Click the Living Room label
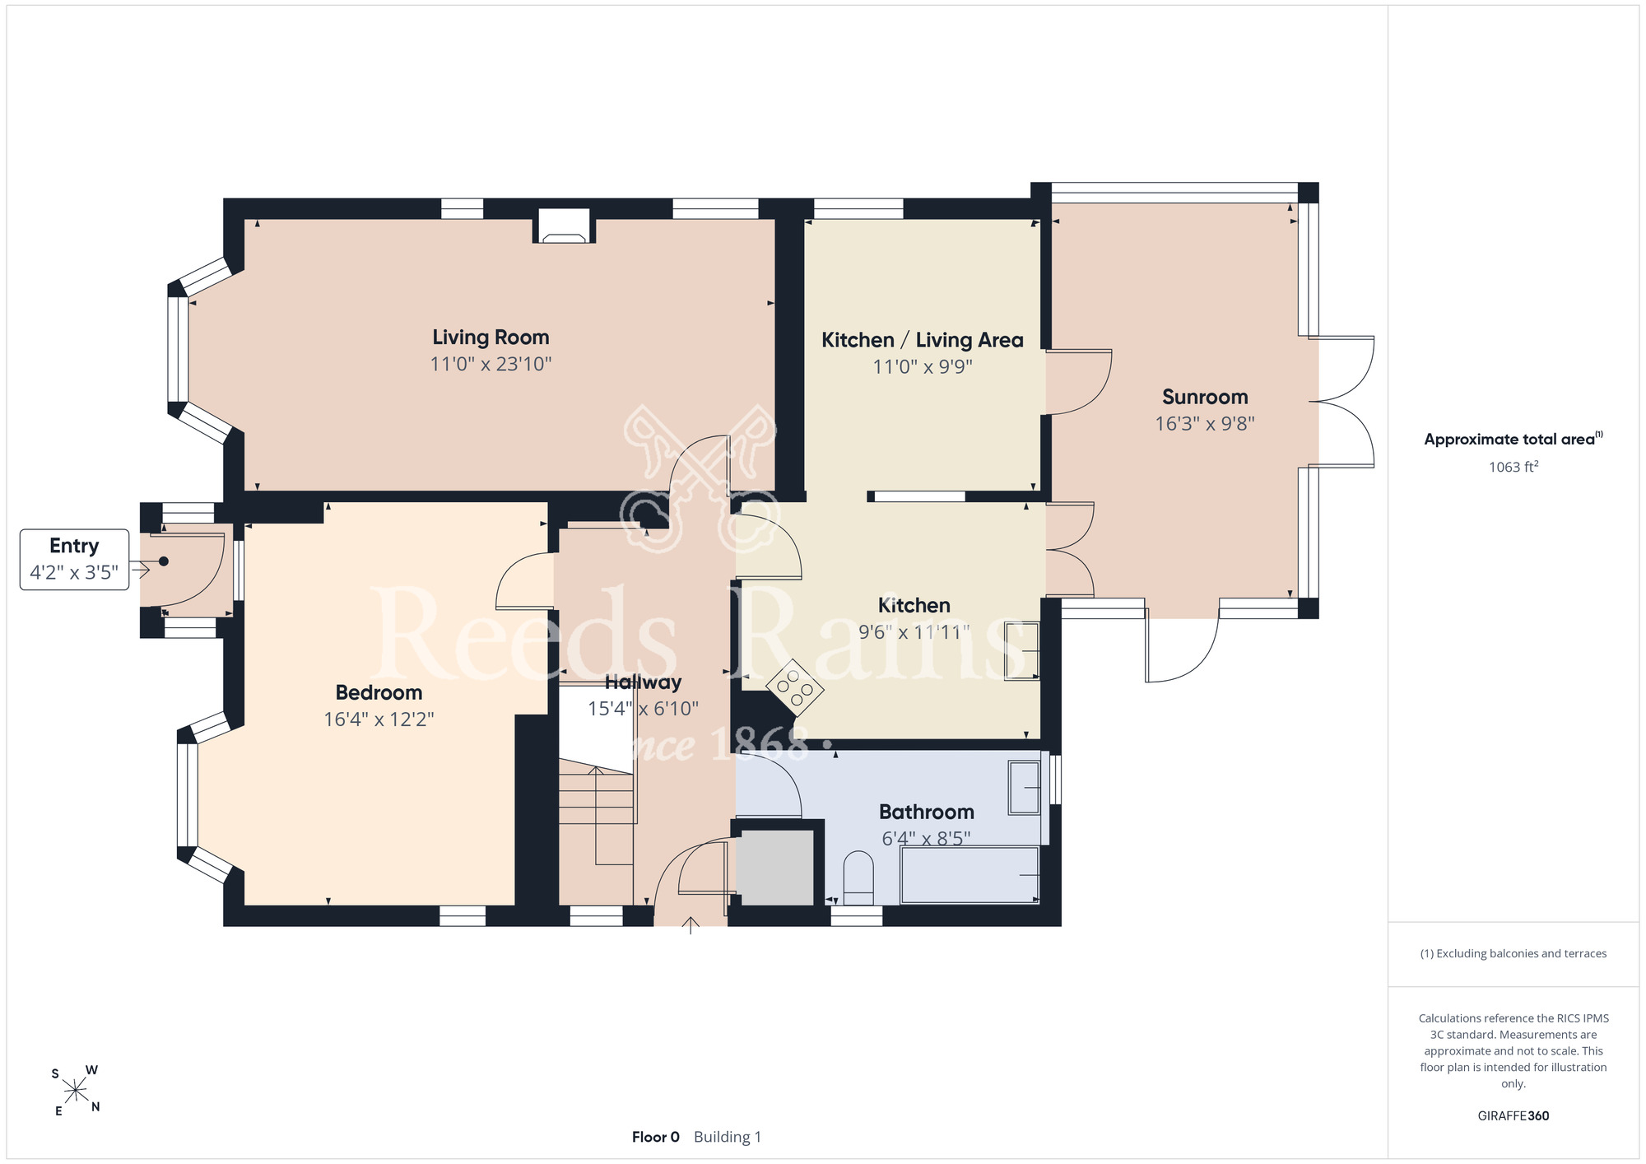[491, 338]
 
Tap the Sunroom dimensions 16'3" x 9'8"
[1205, 424]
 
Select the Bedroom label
[379, 693]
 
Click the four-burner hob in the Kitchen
[795, 687]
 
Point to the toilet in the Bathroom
[858, 878]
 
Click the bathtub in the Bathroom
[969, 874]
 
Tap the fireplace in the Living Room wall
[565, 226]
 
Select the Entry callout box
[74, 560]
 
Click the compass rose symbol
[76, 1091]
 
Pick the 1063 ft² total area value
[1513, 467]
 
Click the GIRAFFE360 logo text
[1513, 1116]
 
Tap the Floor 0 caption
[656, 1137]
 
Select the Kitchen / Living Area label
[923, 340]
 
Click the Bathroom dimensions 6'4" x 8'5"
[927, 839]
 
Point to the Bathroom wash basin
[1024, 788]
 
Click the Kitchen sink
[1022, 650]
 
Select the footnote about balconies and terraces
[1513, 953]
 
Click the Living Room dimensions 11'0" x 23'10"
[491, 364]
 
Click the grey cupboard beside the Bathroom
[774, 868]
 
